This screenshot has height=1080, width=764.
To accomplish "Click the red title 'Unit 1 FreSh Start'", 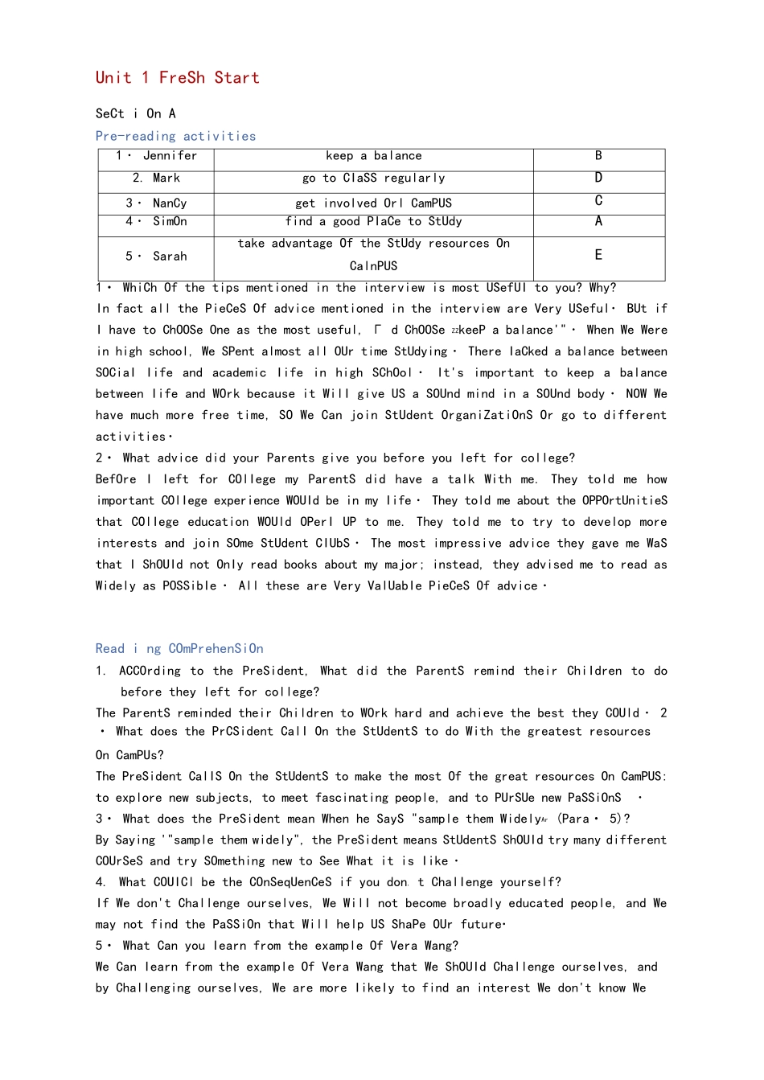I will coord(177,78).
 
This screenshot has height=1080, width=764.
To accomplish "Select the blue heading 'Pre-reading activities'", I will coord(175,137).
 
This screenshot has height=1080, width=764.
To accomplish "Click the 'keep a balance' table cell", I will coord(373,156).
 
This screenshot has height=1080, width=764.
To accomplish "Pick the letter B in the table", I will coord(598,156).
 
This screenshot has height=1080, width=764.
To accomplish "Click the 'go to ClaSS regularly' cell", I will coord(373,179).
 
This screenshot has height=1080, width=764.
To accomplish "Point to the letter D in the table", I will coord(598,178).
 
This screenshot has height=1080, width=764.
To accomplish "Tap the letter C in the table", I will coord(598,201).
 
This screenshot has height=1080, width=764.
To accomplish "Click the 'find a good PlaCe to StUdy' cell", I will coord(373,222).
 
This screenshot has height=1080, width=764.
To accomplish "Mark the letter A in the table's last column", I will coord(598,221).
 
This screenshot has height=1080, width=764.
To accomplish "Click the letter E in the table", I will coord(598,255).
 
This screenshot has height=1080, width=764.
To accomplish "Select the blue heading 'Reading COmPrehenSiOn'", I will coord(179,649).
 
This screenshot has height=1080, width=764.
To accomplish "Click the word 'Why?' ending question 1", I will coord(602,288).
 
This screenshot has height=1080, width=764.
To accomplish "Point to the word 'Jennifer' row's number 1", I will coord(119,156).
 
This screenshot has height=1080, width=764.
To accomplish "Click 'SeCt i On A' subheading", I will coord(135,114).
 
